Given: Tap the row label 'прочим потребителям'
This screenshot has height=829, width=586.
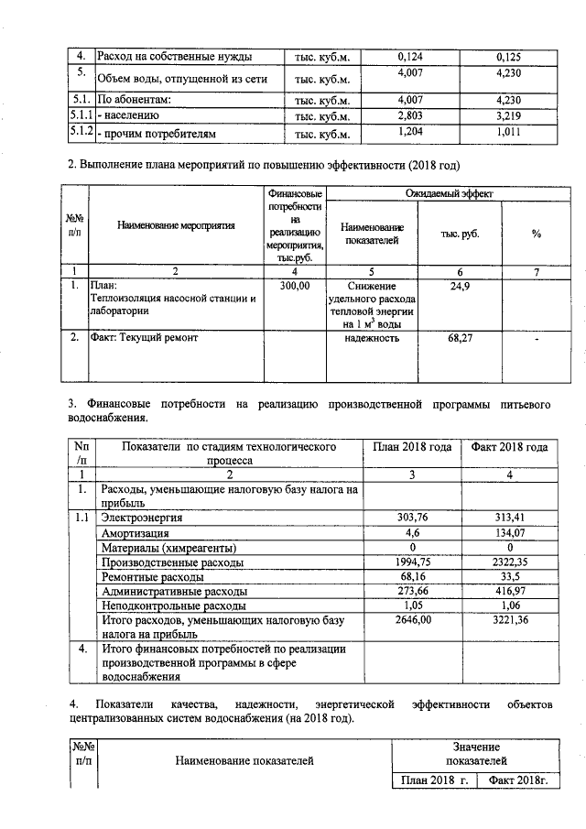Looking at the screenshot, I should click(x=157, y=134).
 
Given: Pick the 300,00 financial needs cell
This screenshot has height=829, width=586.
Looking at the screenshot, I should click(x=295, y=287).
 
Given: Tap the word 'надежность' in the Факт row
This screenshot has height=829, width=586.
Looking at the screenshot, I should click(x=371, y=338).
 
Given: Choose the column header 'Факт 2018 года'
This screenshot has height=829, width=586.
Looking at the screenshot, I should click(x=509, y=447).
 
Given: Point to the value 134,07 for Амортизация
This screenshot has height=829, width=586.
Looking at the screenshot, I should click(x=508, y=532).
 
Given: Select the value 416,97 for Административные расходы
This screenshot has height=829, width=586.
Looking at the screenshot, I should click(x=508, y=591).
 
